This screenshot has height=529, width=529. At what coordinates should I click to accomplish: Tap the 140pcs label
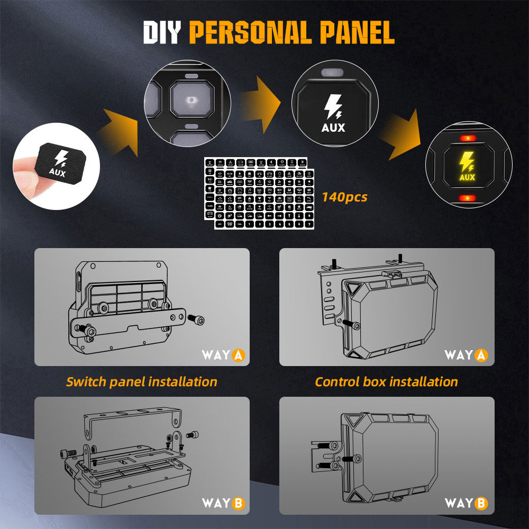[x=344, y=197]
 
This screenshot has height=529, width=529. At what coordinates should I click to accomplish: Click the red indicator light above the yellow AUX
[x=467, y=138]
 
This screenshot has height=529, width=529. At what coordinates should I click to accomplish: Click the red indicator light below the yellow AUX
[x=467, y=198]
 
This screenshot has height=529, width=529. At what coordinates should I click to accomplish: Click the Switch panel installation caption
[x=141, y=381]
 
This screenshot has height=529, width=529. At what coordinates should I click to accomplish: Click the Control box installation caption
[x=386, y=381]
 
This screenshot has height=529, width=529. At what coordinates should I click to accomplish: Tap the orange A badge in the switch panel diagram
[x=238, y=355]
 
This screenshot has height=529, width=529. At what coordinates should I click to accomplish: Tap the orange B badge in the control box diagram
[x=481, y=503]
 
